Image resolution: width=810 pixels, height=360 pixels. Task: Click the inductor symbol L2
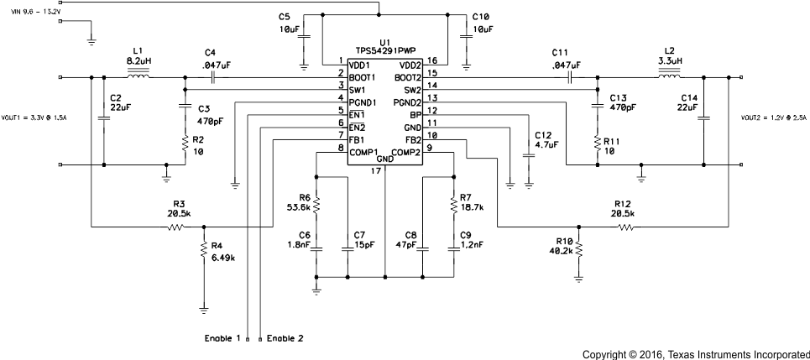click(670, 76)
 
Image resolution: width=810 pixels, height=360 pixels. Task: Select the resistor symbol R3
click(178, 227)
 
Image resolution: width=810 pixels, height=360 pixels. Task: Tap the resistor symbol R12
click(622, 227)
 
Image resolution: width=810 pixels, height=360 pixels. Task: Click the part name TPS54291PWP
click(385, 50)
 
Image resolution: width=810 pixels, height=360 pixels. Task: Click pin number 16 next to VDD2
click(431, 61)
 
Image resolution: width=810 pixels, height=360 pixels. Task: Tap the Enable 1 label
click(222, 338)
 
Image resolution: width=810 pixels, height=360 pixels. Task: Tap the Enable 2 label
click(285, 338)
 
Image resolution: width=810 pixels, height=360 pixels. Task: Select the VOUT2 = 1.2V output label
click(772, 117)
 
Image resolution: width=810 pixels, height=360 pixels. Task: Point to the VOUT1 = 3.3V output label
click(34, 117)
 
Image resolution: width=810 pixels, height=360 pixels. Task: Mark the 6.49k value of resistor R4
click(222, 257)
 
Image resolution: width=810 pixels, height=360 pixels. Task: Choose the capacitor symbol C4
click(214, 76)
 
